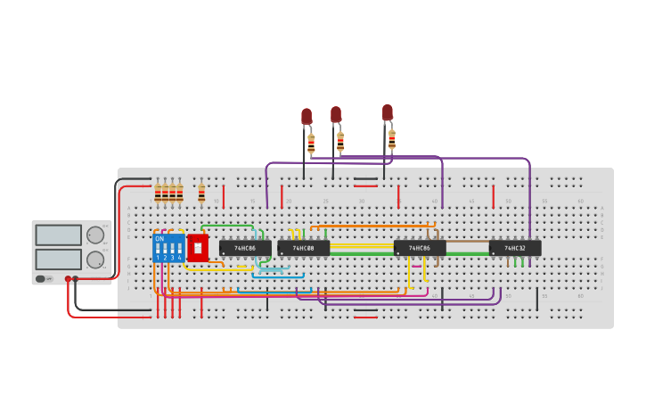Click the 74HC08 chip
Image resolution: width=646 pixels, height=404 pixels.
[303, 248]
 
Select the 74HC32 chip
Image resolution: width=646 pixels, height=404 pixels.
[515, 248]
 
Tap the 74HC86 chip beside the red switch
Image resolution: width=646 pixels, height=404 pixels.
[245, 248]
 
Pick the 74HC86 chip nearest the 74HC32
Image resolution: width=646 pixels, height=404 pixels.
[420, 248]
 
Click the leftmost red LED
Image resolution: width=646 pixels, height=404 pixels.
[307, 117]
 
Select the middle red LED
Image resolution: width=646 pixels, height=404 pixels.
[336, 115]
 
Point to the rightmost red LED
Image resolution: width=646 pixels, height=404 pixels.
[388, 112]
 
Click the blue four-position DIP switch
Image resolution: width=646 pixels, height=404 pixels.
[168, 249]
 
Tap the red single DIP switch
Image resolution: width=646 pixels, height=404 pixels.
[197, 248]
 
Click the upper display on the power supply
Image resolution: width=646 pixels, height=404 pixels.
[58, 235]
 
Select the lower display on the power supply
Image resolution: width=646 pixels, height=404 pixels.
[58, 260]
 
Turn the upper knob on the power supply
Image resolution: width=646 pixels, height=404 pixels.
[94, 235]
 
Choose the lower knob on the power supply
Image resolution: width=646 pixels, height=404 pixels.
[94, 260]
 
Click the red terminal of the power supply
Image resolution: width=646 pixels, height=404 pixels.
[68, 279]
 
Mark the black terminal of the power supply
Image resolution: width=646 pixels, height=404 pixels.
[76, 279]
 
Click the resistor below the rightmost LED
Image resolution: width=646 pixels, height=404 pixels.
[391, 140]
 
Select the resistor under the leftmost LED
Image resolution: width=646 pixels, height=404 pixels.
[311, 144]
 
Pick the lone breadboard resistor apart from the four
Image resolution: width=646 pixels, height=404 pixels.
[201, 193]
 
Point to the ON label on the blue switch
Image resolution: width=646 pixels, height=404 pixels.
[159, 239]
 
